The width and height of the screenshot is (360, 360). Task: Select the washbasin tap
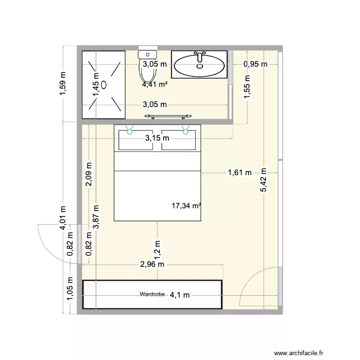[x=200, y=57]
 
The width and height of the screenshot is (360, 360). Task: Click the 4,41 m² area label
[x=155, y=85]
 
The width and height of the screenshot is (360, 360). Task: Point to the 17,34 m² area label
[x=186, y=206]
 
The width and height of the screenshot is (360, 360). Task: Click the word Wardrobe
[x=152, y=294]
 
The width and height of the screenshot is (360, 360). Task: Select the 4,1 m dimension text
[x=180, y=295]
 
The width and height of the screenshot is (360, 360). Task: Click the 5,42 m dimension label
[x=263, y=180]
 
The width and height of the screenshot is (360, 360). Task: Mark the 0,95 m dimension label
[x=255, y=64]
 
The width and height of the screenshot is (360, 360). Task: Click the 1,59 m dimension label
[x=63, y=84]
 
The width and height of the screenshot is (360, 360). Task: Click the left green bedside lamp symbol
[x=129, y=128]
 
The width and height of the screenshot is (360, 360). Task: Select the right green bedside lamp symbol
[x=186, y=128]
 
